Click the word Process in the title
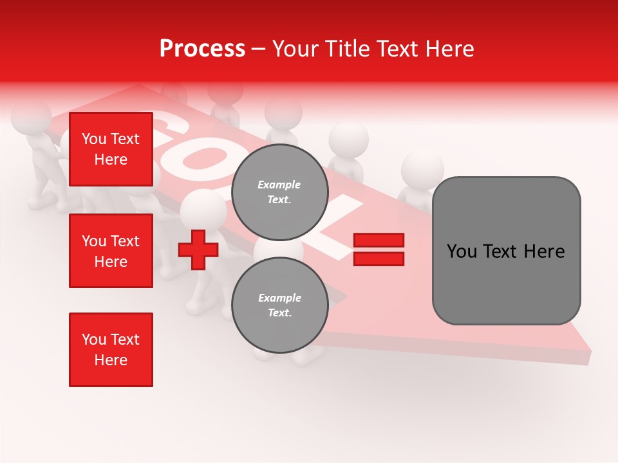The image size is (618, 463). [202, 49]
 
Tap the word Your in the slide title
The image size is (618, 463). [297, 49]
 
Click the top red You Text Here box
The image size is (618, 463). [111, 149]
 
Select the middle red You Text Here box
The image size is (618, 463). [111, 251]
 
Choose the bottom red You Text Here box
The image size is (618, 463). [111, 350]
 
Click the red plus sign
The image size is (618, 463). [198, 250]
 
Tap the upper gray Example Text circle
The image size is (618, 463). [279, 192]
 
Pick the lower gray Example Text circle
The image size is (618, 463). [279, 305]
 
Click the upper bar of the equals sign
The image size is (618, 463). [379, 241]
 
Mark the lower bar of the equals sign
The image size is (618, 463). [379, 259]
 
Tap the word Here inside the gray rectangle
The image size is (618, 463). [544, 251]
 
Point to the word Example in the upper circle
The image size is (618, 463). [279, 185]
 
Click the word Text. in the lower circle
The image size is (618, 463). [279, 313]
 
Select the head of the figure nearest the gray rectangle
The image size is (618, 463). [422, 170]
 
